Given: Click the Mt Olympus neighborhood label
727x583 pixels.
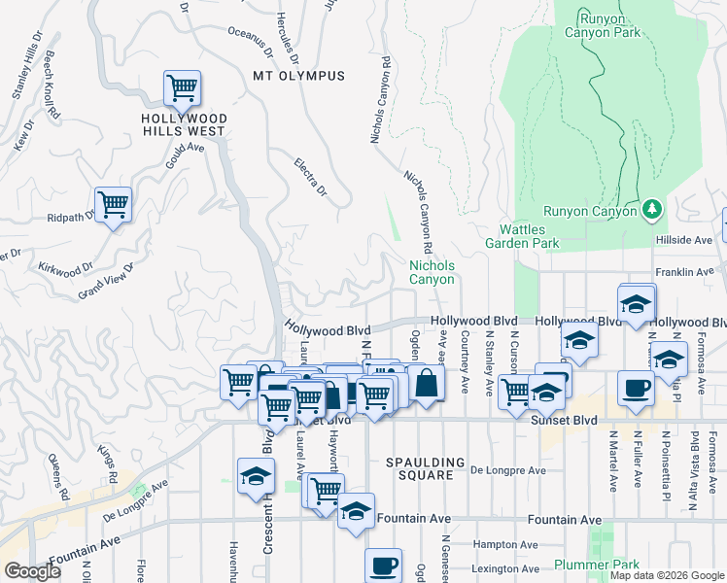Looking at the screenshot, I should (298, 76).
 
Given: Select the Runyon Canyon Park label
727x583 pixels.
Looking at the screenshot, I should (610, 25).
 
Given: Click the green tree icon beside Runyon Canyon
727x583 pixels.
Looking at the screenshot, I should (653, 209).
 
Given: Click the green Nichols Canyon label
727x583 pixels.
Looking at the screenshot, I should (432, 271).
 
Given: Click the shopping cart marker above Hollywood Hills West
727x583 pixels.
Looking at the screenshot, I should (182, 89).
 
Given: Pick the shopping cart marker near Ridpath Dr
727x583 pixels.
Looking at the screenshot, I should (114, 205).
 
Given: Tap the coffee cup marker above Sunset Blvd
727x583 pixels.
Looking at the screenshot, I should (637, 388).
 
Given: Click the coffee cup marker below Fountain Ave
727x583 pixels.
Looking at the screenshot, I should (383, 566).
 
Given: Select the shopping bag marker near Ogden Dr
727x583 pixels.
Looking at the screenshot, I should (425, 383).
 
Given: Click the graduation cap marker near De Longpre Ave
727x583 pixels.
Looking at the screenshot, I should (255, 476).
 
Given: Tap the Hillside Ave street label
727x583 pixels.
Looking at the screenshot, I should (684, 240).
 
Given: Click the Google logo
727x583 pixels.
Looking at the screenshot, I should (32, 570).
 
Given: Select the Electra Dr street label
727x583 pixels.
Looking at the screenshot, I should (311, 176).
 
